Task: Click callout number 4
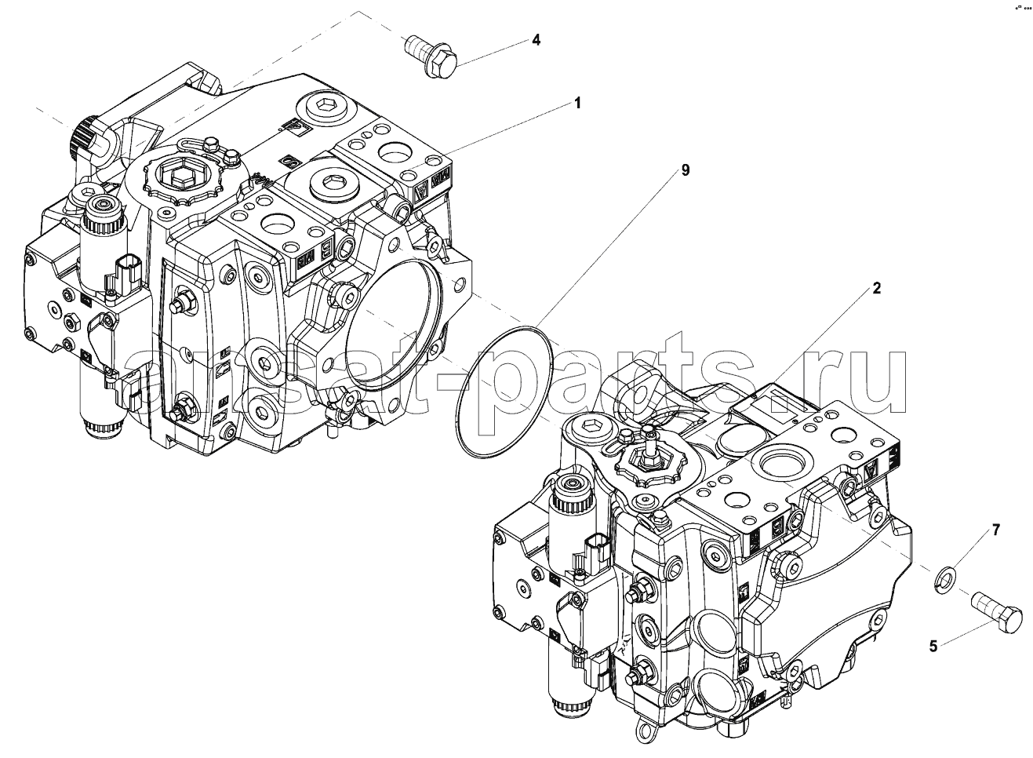[536, 40]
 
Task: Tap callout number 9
[685, 170]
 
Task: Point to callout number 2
[876, 289]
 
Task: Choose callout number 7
[995, 530]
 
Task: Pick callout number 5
[933, 647]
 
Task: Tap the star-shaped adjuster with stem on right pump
[648, 464]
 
